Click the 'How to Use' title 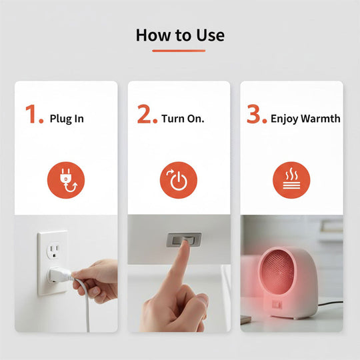[180, 35]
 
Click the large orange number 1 [34, 115]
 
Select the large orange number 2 [147, 115]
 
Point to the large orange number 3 [256, 115]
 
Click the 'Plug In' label [67, 119]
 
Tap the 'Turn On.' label [183, 119]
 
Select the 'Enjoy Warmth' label [305, 119]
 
